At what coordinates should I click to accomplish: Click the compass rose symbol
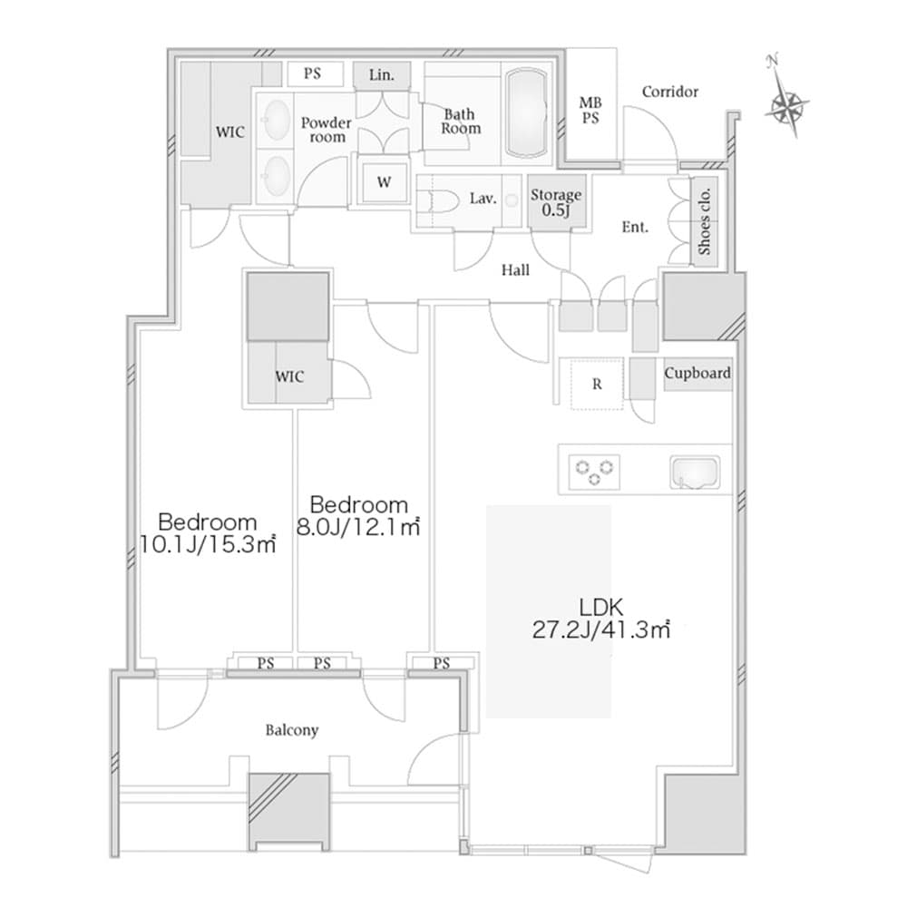(785, 105)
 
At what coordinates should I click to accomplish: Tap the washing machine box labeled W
(385, 181)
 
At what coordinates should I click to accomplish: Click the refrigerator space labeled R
(596, 384)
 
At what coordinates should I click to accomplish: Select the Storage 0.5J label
(555, 202)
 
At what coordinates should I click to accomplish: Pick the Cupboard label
(697, 373)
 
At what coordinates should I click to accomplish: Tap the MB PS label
(590, 112)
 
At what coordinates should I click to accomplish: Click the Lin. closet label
(382, 75)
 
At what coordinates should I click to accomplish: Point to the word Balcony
(291, 729)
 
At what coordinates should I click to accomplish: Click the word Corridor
(669, 92)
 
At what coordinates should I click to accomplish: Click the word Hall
(515, 269)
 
